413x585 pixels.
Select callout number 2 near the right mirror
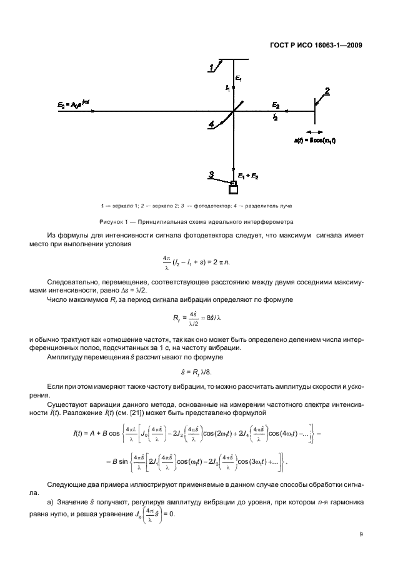pos(327,91)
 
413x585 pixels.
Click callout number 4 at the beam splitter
pos(212,124)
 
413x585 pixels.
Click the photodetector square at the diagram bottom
pos(234,189)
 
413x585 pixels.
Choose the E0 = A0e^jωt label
pos(71,106)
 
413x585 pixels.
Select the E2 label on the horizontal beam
pos(276,106)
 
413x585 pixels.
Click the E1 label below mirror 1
pos(239,77)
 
